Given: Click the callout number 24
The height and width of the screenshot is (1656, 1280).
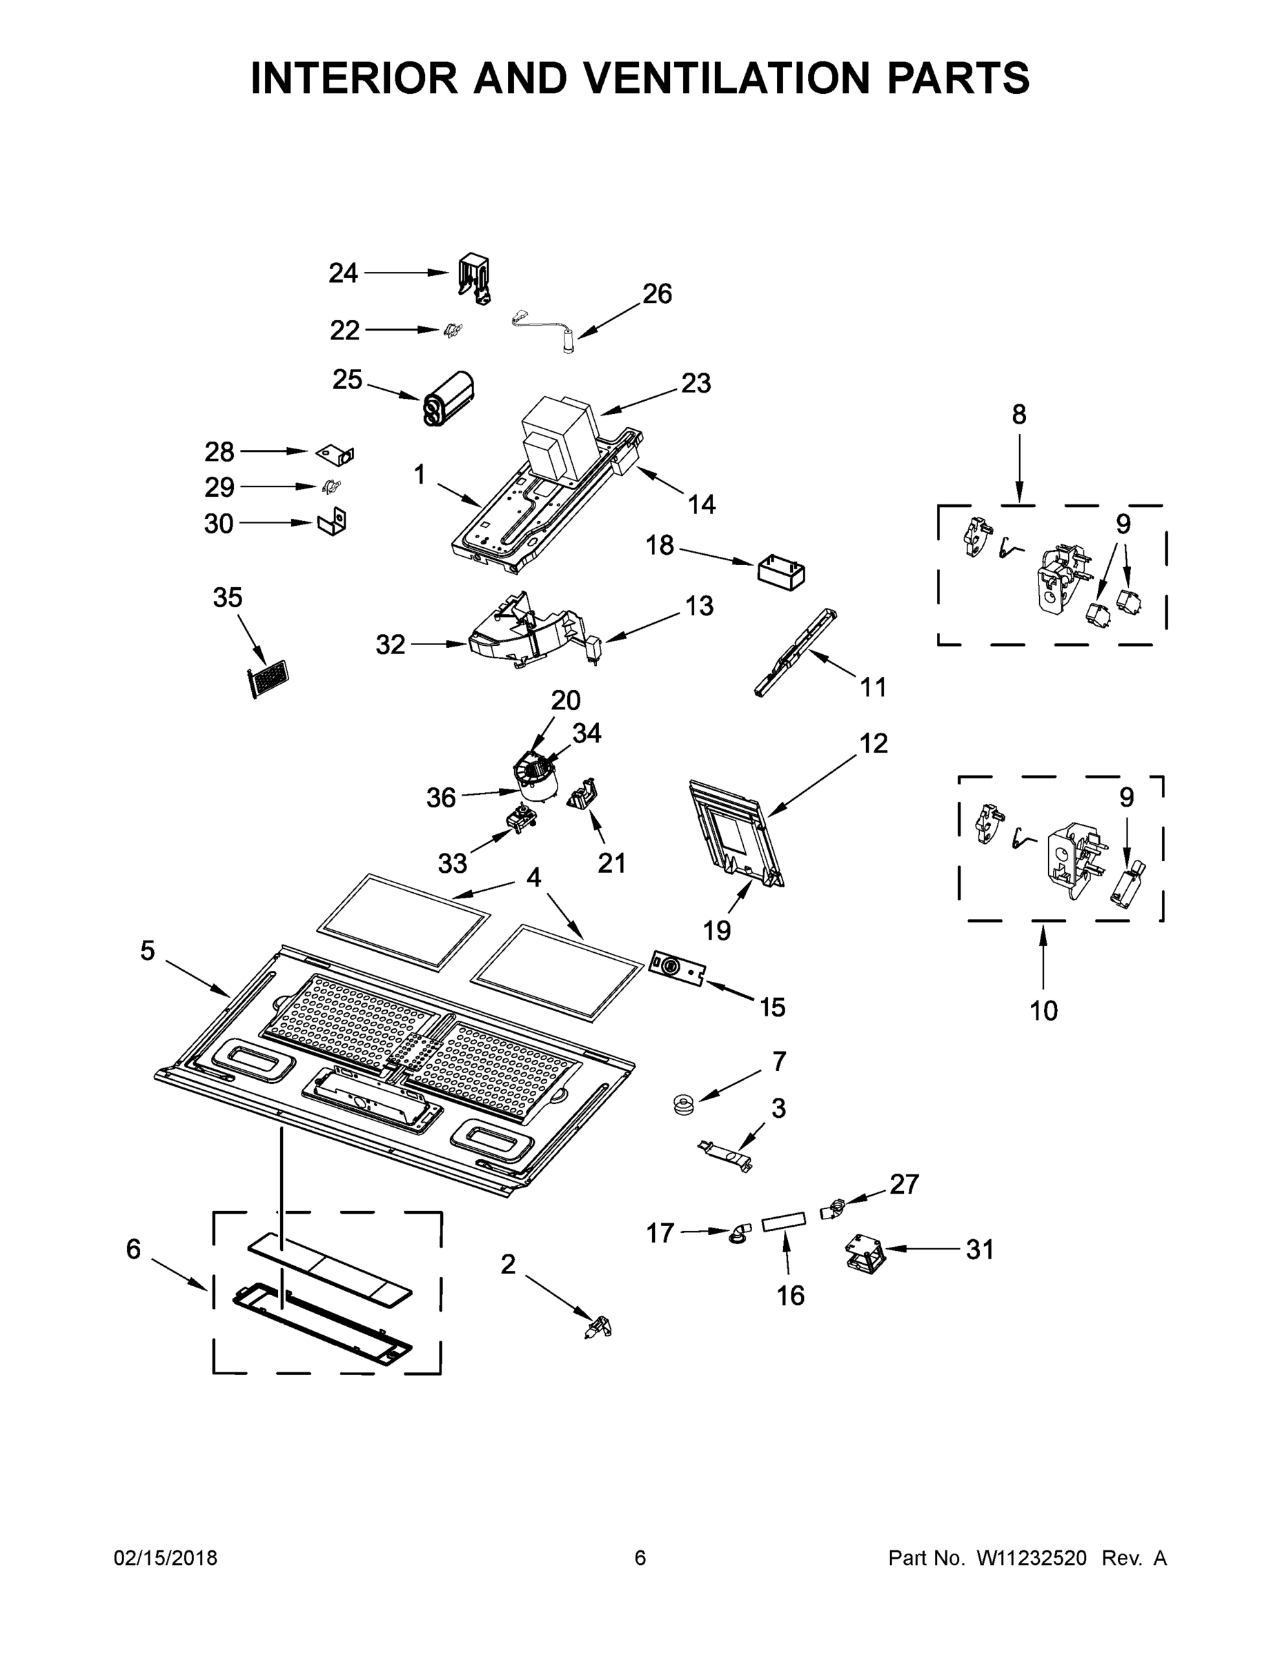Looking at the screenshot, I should (x=343, y=273).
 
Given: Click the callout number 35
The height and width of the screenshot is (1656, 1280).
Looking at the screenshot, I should (x=228, y=598).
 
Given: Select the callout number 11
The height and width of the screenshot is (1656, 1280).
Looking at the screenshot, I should (x=873, y=687).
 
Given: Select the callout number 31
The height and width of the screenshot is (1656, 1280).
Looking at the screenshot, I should (x=979, y=1249).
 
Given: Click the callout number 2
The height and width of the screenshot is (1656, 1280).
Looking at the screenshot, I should (x=508, y=1264).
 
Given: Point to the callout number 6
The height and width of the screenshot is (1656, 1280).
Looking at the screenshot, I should (x=133, y=1249).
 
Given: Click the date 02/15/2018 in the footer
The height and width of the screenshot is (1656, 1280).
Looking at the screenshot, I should (x=166, y=1557).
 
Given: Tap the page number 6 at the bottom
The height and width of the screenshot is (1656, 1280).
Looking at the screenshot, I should (x=640, y=1557).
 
